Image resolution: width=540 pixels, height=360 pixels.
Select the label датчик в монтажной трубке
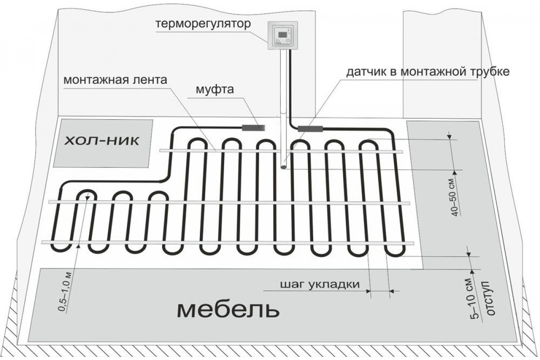427,72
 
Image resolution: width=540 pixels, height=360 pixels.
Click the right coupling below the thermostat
310,129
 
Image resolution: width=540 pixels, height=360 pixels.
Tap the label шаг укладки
320,285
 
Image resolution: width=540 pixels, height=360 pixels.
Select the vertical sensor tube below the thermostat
283,112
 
